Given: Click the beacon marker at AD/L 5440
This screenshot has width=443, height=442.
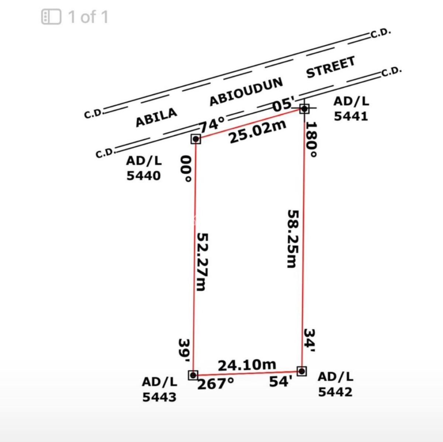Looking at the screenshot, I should pos(196,139).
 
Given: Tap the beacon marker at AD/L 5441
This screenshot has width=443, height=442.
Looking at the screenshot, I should pos(304,109).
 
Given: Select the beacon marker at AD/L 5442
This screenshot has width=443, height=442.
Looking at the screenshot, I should pos(302,371).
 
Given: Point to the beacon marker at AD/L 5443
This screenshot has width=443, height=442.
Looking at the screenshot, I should pos(193,375).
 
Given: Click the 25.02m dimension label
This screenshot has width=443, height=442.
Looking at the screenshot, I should pos(257,131).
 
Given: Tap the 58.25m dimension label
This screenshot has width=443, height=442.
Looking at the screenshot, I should pos(293,239).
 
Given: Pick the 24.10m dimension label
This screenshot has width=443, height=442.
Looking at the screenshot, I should pos(247,365).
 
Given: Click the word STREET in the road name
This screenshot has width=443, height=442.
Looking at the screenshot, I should pos(331,67).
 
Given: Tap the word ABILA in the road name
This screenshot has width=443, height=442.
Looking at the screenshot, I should pos(156,117).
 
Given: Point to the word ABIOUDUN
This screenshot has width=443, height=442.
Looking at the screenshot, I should pos(246,91).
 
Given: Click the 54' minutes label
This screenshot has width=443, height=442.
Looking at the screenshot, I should pos(281,381).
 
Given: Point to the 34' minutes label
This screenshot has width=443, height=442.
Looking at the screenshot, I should pos(309,342).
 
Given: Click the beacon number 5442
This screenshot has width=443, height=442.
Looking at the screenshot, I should pos(335,392).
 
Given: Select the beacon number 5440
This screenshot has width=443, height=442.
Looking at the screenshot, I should pos(144,175).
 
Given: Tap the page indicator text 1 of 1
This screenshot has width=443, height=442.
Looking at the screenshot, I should pos(88,17).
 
